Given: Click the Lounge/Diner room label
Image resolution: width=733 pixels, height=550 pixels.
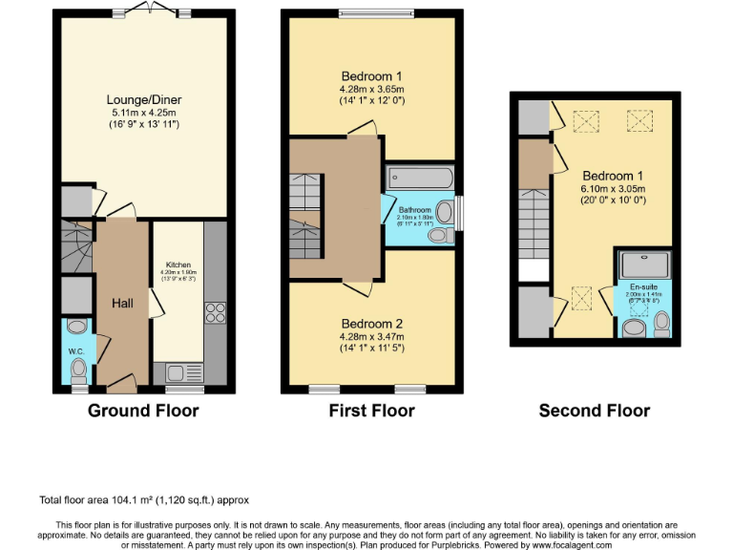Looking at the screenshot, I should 143,98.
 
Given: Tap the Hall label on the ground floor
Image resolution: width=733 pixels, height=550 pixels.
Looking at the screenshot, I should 122,303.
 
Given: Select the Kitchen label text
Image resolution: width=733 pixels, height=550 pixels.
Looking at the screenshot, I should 178,264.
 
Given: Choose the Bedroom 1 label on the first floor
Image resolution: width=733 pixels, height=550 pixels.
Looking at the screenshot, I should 371,76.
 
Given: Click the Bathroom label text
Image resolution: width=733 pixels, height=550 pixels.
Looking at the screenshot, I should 415,209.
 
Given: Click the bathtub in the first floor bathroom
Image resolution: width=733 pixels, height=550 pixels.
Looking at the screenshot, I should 421,178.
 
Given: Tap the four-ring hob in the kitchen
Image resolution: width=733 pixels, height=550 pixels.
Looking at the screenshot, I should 215,313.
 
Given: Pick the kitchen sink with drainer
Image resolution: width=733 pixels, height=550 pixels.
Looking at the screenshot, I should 181,372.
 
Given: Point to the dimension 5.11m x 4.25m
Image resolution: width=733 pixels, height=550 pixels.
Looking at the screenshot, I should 143,112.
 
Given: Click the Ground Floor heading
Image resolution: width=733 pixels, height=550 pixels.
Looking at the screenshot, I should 143,411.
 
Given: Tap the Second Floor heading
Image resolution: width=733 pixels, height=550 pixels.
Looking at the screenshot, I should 594,411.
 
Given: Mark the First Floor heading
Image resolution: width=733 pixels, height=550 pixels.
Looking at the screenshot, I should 371,411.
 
